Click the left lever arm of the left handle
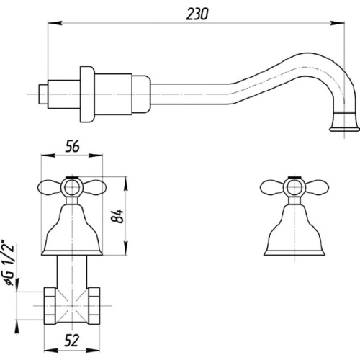pos(50,187)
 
